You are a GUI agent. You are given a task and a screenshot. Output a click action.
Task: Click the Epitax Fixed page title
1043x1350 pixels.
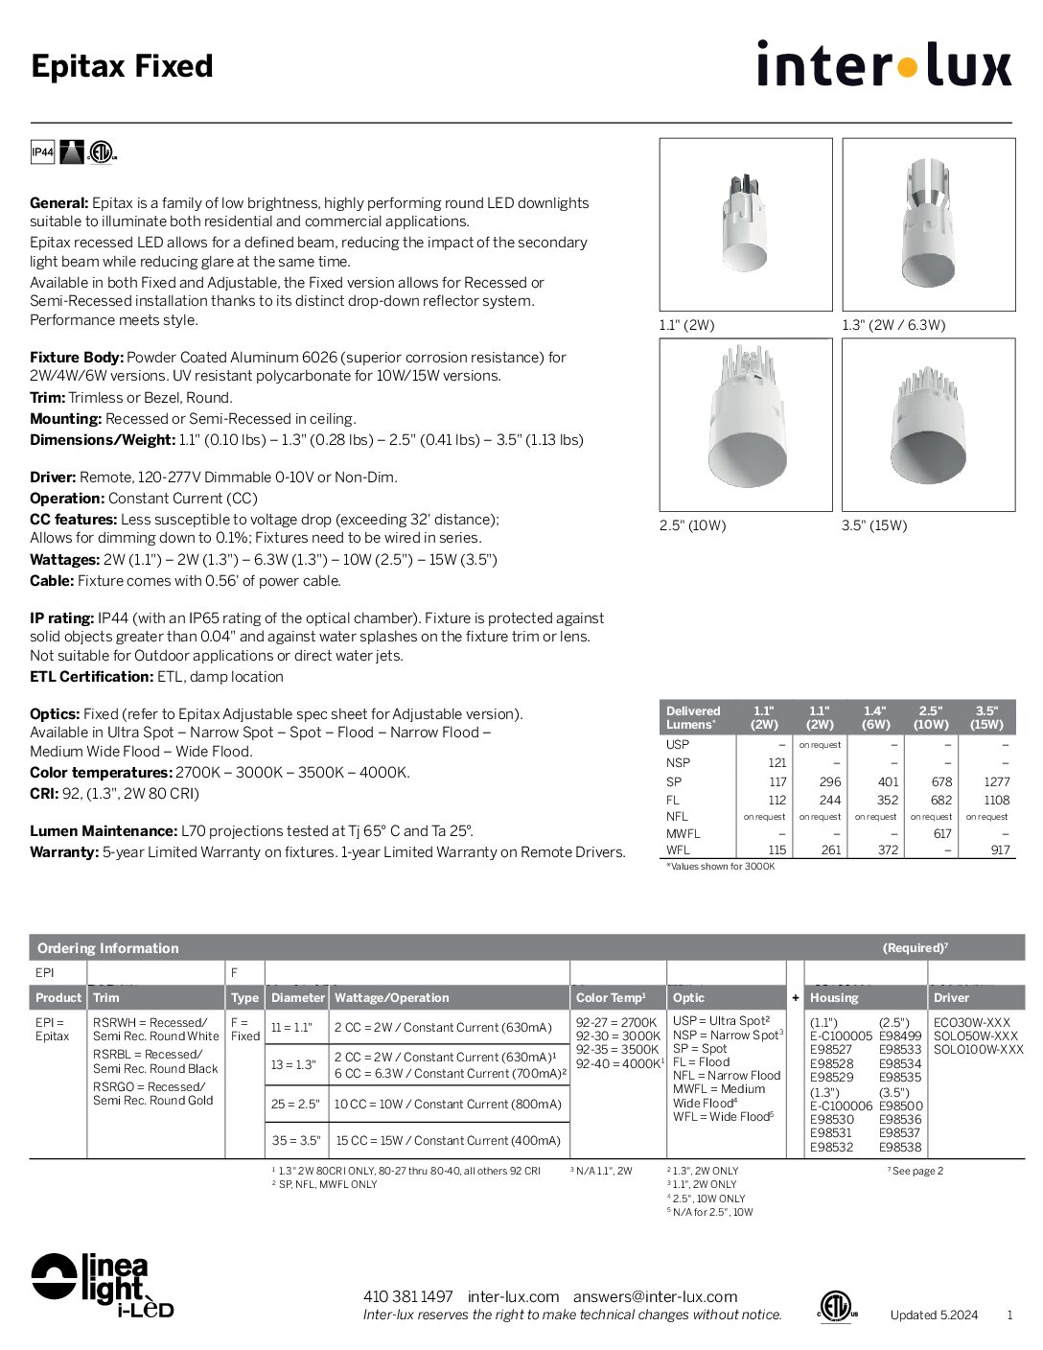[122, 66]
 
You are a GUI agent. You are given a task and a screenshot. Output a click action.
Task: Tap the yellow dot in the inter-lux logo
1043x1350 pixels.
[907, 67]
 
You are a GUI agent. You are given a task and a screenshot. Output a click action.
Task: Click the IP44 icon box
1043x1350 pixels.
[42, 152]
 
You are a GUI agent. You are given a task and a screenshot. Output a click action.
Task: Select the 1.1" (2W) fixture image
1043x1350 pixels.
[745, 224]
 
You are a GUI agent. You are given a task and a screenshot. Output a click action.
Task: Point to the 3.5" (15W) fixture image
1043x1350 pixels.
[928, 425]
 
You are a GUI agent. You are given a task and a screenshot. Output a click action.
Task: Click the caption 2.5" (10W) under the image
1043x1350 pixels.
[692, 525]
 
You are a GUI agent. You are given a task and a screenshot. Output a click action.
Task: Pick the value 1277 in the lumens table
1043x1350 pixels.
[996, 781]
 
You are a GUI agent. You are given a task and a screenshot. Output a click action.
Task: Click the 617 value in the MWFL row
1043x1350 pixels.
[941, 834]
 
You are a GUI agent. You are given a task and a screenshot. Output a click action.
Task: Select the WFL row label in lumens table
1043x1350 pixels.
[678, 850]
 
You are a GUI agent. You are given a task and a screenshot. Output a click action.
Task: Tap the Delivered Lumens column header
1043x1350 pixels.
[693, 717]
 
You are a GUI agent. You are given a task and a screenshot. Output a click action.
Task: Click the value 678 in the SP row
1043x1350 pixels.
[940, 781]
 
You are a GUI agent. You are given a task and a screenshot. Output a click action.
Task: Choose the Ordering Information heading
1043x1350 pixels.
[108, 948]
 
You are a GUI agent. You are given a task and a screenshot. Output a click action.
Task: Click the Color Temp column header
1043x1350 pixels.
[611, 997]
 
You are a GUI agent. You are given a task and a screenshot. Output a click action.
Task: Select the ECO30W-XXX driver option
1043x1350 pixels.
[971, 1022]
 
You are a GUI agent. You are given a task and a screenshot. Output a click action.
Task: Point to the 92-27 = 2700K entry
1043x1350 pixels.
[616, 1023]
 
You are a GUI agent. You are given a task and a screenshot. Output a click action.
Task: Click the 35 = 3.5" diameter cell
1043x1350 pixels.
[295, 1141]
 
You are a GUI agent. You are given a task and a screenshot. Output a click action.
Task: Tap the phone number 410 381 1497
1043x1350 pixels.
[407, 1296]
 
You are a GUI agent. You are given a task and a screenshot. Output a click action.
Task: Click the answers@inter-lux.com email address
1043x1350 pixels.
[655, 1296]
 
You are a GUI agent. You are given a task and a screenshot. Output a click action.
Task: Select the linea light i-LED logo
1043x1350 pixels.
[102, 1285]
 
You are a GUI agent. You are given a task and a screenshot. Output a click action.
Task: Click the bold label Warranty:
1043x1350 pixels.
[64, 852]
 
